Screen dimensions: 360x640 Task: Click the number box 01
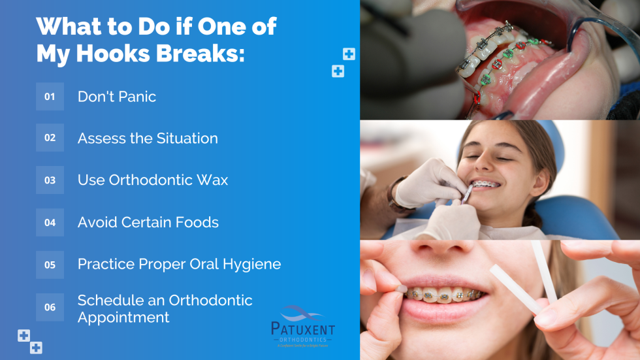tap(50, 97)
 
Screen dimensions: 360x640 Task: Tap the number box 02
tap(50, 138)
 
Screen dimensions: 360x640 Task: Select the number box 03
tap(50, 180)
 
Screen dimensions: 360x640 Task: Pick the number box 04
tap(50, 222)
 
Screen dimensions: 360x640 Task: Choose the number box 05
tap(50, 265)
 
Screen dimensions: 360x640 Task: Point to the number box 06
tap(50, 307)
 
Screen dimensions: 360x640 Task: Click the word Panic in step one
tap(135, 97)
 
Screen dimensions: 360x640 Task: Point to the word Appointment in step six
tap(123, 318)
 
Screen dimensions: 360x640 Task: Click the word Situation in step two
tap(187, 139)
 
